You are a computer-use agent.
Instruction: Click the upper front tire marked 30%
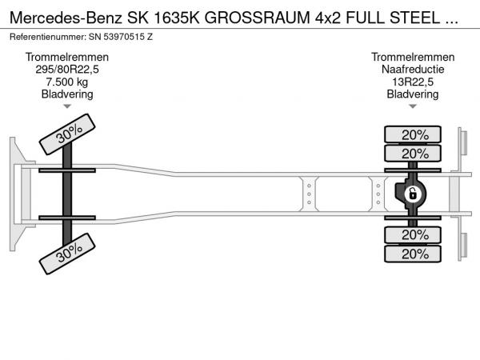[x=67, y=134]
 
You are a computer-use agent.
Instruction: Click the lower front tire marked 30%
[x=67, y=254]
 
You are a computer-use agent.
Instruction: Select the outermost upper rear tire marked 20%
[x=413, y=134]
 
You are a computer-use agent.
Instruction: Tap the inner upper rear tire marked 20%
[x=413, y=154]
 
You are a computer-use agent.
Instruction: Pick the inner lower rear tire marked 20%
[x=413, y=234]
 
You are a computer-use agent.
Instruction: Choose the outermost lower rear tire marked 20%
[x=413, y=254]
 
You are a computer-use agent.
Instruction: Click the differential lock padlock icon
[x=413, y=194]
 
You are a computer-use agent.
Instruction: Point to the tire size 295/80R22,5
[x=67, y=70]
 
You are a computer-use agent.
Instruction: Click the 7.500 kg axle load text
[x=67, y=82]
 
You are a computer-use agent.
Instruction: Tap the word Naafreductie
[x=413, y=69]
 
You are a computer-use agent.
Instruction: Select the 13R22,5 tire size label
[x=413, y=82]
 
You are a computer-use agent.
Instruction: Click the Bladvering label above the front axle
[x=67, y=94]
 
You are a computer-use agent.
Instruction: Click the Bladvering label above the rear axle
[x=413, y=94]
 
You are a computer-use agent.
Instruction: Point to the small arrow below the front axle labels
[x=67, y=106]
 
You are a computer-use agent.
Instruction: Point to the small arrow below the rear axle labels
[x=413, y=106]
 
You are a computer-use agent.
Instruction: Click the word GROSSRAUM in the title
[x=257, y=18]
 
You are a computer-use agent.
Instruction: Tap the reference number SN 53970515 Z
[x=121, y=37]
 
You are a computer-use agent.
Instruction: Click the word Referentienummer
[x=48, y=37]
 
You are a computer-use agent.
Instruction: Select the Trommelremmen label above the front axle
[x=67, y=57]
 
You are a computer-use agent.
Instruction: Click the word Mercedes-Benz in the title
[x=66, y=18]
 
